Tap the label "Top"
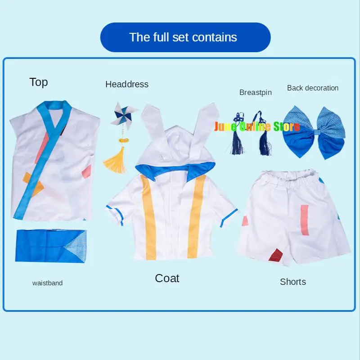click(x=39, y=82)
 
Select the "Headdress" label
click(x=126, y=84)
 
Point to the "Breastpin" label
click(x=255, y=93)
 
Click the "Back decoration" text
click(x=312, y=88)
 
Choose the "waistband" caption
click(x=47, y=283)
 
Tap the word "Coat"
click(x=167, y=278)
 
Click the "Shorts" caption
click(x=292, y=282)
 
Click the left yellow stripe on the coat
click(x=148, y=216)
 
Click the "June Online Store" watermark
click(x=257, y=126)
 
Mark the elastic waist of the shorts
click(x=288, y=175)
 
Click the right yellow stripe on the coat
click(x=197, y=216)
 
